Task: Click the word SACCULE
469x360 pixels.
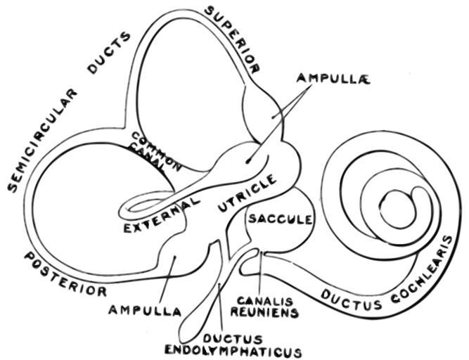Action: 279,219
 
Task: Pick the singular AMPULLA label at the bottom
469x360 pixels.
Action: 145,309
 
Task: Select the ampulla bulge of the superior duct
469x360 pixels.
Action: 264,105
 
